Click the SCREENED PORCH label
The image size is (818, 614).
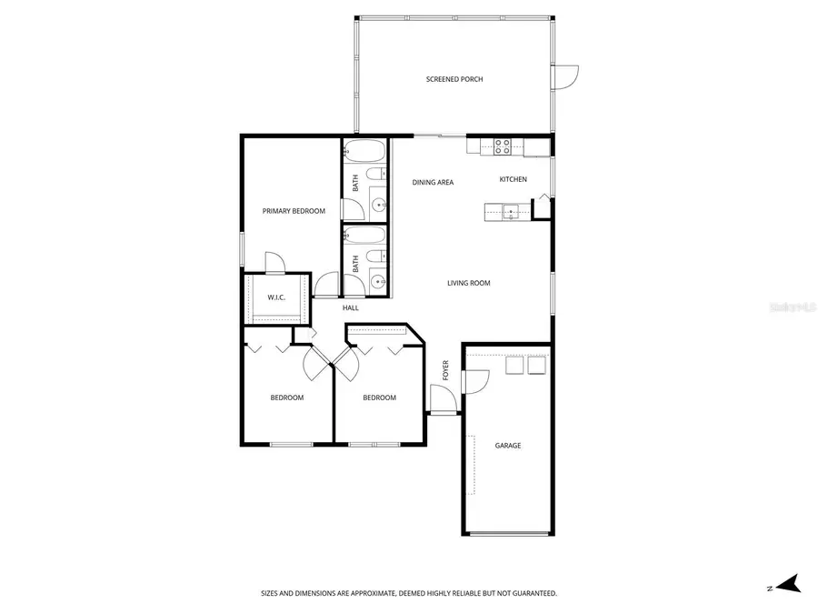pos(454,79)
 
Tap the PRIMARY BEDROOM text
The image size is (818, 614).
pos(294,211)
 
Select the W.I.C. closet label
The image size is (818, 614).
pos(277,298)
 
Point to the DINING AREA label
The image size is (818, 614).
pos(433,183)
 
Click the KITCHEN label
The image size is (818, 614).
pos(513,179)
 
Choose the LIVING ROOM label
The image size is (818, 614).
pos(468,283)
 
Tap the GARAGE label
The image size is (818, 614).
pos(507,446)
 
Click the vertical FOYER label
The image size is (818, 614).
pos(445,369)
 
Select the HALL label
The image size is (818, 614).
pos(350,308)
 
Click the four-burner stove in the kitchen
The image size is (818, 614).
pos(502,146)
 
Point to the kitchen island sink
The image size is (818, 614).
pos(511,213)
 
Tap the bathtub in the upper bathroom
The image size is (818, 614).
pos(366,150)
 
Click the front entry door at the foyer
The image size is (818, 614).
pos(442,398)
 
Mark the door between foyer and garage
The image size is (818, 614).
pos(474,380)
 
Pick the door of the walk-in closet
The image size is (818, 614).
pos(274,262)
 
